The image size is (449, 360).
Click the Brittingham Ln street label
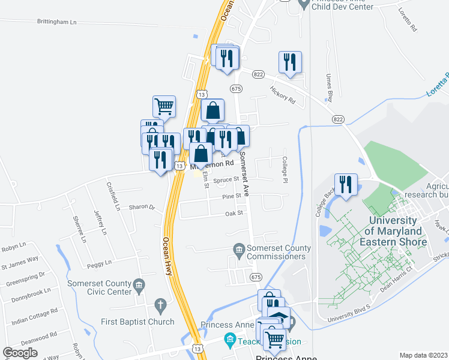click(57, 22)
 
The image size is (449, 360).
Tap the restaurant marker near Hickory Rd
click(290, 62)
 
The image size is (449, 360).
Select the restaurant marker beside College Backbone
click(345, 185)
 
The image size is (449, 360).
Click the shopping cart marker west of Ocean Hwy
click(164, 107)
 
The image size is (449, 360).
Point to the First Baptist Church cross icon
click(160, 305)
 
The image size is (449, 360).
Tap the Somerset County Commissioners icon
click(239, 248)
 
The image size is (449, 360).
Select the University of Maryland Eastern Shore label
click(397, 231)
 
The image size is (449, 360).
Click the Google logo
click(20, 352)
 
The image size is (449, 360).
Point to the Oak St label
click(234, 213)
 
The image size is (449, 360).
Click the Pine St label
click(231, 196)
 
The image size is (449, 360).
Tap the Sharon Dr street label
click(142, 207)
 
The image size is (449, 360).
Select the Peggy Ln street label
click(100, 263)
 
